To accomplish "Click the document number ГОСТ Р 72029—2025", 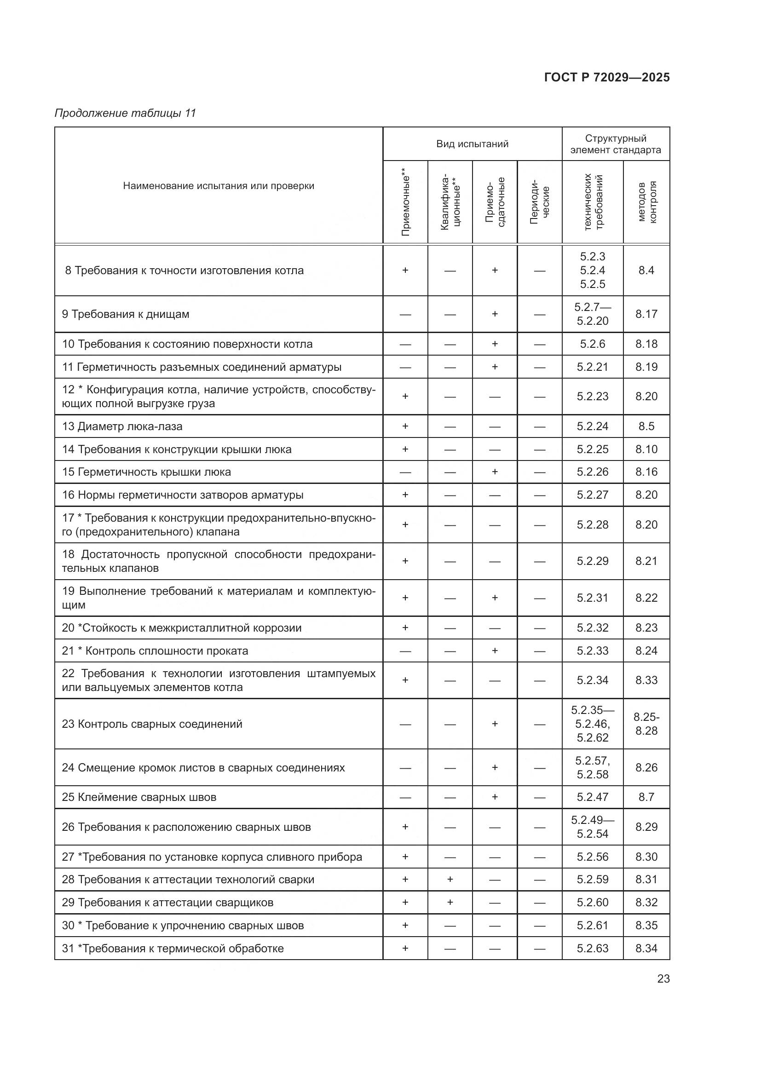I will (x=606, y=77).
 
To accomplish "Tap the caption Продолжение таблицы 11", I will (x=125, y=113).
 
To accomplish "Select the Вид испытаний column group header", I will (x=472, y=144).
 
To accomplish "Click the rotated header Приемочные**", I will (x=405, y=202).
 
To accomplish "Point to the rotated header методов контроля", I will (x=646, y=202).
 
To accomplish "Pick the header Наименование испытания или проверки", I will (x=219, y=185).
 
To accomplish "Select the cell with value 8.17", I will (x=646, y=314).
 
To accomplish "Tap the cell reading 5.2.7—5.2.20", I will (x=592, y=314).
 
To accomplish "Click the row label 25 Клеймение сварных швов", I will (x=138, y=797).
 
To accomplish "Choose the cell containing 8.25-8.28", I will (x=646, y=724).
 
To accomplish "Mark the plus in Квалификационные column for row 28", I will (x=450, y=880).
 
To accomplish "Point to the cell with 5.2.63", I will (x=592, y=949).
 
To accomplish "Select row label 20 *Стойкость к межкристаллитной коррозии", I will (x=181, y=628).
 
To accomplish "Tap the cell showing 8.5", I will (x=646, y=426).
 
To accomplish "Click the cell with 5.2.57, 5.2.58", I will (x=592, y=768).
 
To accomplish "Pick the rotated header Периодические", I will (x=539, y=202).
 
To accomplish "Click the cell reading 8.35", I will (x=646, y=926).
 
